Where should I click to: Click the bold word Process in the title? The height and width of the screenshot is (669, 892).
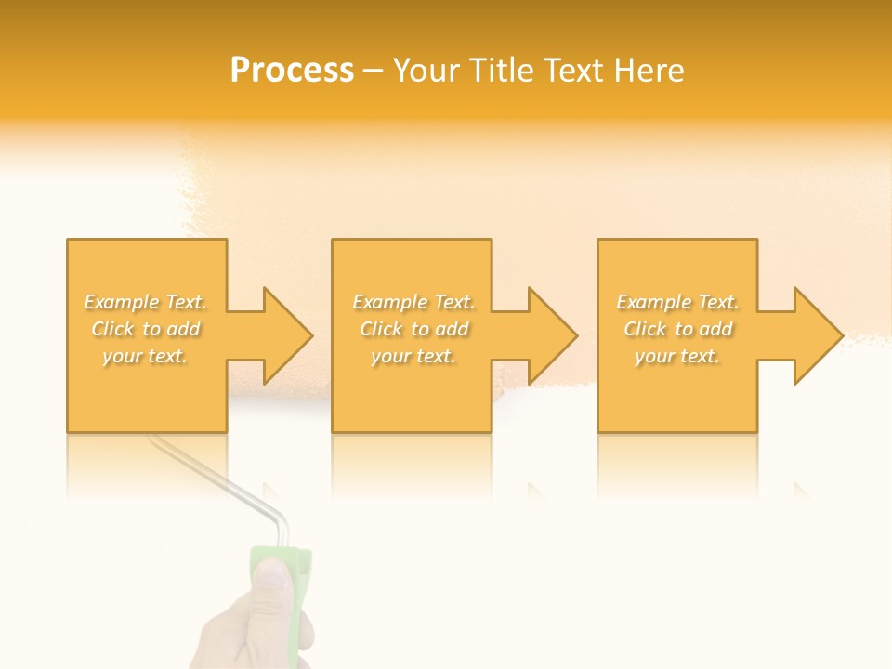coord(292,71)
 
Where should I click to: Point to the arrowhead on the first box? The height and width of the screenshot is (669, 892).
coord(284,335)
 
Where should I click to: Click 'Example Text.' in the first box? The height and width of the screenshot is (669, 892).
coord(146,302)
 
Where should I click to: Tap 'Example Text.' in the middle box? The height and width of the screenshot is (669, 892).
coord(413,302)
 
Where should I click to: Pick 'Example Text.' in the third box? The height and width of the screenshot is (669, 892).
coord(677,302)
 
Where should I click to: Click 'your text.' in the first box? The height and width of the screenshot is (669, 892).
coord(146,356)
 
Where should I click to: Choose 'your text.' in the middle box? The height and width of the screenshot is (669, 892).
coord(413,356)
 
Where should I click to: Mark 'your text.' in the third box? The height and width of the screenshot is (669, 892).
coord(677,356)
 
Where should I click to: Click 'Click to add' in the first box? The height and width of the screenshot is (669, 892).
coord(146,329)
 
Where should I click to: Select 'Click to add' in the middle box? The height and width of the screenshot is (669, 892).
coord(413,329)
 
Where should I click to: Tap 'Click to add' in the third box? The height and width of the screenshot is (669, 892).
coord(677,329)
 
